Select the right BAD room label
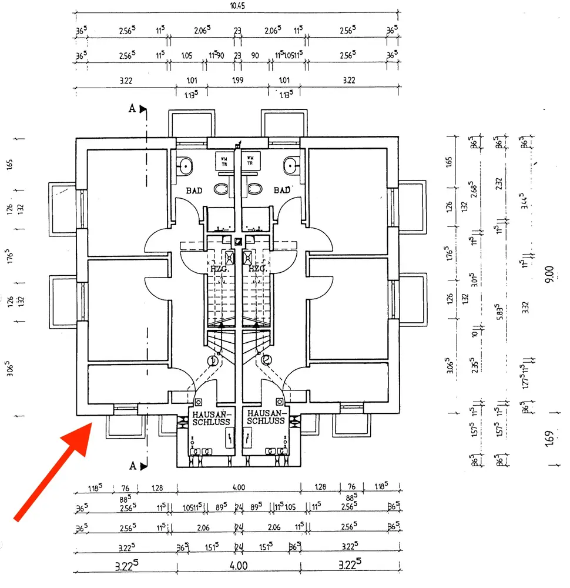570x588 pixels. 282,191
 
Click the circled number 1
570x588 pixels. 213,360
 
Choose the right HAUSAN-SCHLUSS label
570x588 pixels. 266,417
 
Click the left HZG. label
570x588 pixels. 219,268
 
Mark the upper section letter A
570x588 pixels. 133,108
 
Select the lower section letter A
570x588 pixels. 133,466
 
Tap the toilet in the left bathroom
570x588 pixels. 221,189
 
